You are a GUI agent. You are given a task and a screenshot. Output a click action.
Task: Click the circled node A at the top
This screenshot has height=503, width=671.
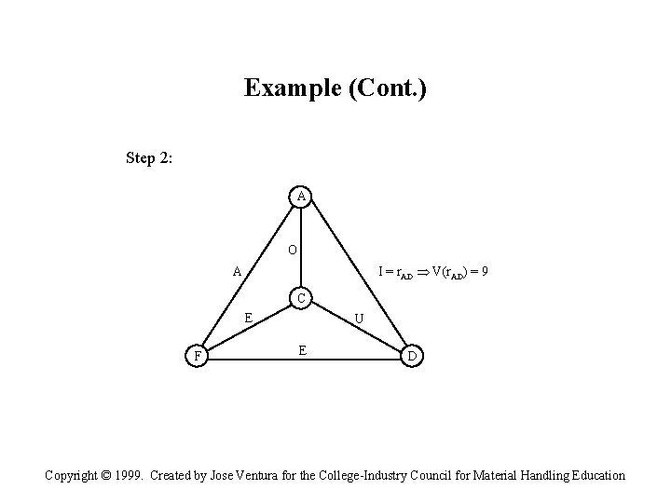300,197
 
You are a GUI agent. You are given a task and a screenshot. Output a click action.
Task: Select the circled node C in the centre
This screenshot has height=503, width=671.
300,299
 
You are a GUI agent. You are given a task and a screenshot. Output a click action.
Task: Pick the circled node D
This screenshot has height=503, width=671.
412,356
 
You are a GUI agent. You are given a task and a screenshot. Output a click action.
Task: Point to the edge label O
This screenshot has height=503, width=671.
293,250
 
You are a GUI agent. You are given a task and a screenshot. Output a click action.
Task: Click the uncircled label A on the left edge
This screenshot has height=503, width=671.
238,272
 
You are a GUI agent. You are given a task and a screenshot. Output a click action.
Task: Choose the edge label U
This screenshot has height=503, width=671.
362,319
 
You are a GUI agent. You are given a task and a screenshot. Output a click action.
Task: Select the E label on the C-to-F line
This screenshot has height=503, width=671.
248,317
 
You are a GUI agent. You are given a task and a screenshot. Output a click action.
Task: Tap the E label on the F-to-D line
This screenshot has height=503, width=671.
302,350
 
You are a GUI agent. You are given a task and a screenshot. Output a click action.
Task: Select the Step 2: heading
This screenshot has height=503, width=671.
148,157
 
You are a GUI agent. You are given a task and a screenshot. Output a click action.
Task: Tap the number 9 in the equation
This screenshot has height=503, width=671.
486,272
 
